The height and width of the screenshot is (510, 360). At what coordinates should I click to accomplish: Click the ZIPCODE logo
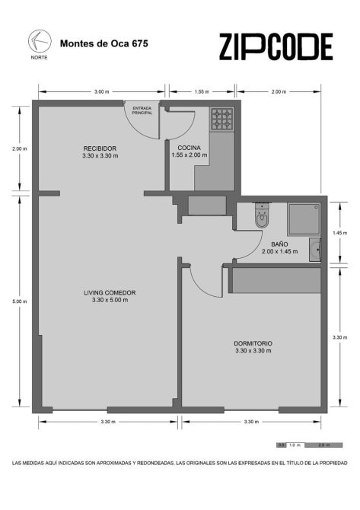click(x=276, y=46)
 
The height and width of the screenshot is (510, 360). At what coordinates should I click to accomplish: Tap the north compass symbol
click(x=40, y=41)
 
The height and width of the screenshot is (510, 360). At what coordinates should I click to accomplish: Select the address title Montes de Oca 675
click(x=104, y=43)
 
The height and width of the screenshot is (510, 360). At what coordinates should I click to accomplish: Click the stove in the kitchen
click(x=222, y=119)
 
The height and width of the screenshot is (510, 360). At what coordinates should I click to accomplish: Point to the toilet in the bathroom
click(x=262, y=215)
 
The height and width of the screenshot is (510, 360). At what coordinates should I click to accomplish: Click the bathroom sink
click(x=315, y=250)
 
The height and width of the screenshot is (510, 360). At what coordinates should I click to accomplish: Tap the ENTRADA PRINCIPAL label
click(x=142, y=110)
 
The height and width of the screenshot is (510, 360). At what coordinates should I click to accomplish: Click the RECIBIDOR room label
click(x=100, y=148)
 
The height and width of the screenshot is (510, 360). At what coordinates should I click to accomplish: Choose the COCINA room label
click(x=189, y=148)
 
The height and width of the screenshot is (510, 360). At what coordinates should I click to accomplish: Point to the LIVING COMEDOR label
click(x=110, y=293)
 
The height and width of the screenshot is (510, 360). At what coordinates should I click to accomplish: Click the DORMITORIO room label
click(x=253, y=343)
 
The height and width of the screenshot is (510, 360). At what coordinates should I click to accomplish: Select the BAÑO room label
click(x=279, y=244)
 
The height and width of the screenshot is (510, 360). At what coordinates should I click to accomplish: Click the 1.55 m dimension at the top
click(x=202, y=91)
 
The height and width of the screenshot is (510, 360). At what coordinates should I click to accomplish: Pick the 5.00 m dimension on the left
click(x=20, y=301)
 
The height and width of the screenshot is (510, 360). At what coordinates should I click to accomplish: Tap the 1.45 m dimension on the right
click(x=340, y=233)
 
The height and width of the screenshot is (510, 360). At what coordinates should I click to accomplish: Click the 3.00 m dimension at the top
click(x=101, y=91)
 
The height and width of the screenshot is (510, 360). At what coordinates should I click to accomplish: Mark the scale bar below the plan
click(x=309, y=445)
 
